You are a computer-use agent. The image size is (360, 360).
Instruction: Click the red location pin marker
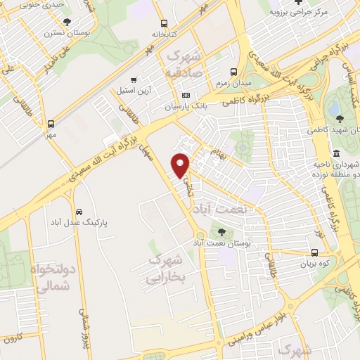181,165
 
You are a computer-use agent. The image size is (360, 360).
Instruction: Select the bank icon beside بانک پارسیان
186,96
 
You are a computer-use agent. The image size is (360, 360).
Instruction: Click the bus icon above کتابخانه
164,23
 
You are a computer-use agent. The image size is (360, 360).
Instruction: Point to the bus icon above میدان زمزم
235,72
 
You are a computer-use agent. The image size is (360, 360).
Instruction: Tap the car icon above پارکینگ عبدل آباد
80,212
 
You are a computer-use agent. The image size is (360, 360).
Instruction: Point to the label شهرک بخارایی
167,269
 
